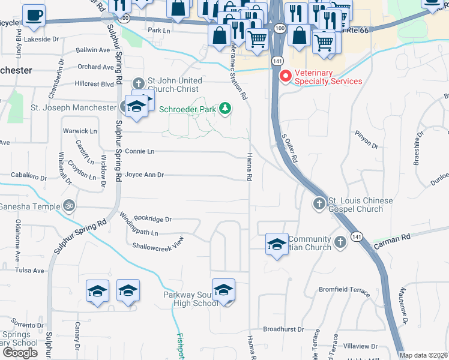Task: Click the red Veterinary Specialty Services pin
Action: pyautogui.click(x=286, y=76)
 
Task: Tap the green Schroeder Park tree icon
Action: pyautogui.click(x=225, y=108)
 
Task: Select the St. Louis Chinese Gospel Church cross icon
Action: pyautogui.click(x=319, y=205)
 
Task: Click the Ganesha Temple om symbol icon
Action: pyautogui.click(x=69, y=206)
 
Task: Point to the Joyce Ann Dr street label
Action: pyautogui.click(x=145, y=175)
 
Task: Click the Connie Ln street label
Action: pyautogui.click(x=139, y=151)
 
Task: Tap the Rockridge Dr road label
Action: pyautogui.click(x=152, y=219)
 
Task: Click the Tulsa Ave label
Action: pyautogui.click(x=31, y=271)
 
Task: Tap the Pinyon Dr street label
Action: pyautogui.click(x=367, y=145)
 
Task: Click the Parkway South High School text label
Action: pyautogui.click(x=191, y=299)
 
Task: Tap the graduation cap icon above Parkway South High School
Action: pyautogui.click(x=223, y=290)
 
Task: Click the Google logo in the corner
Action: pyautogui.click(x=20, y=352)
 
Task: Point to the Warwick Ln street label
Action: pyautogui.click(x=80, y=131)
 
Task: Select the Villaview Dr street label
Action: pyautogui.click(x=360, y=346)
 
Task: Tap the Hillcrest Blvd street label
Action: pyautogui.click(x=94, y=85)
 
